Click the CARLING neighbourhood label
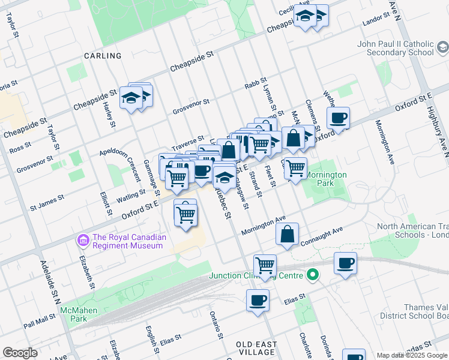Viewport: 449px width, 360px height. [103, 56]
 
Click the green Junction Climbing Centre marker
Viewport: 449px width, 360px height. [312, 276]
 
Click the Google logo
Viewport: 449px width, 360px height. [20, 353]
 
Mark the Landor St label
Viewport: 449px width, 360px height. [376, 23]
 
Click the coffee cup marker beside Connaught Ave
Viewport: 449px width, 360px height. [345, 263]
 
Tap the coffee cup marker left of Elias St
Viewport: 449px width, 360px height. [258, 300]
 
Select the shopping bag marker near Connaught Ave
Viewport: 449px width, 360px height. [288, 234]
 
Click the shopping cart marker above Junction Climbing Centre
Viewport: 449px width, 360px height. [265, 265]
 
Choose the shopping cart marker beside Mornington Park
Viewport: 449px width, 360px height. [295, 168]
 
